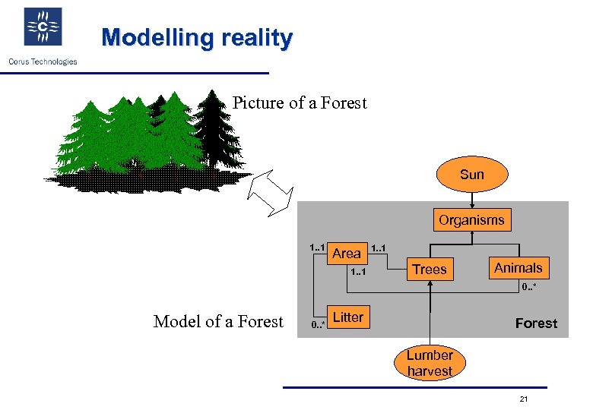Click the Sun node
click(471, 175)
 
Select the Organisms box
click(471, 220)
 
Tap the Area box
click(347, 254)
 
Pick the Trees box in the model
click(430, 270)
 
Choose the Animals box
click(518, 268)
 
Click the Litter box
click(348, 317)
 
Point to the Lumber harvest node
click(430, 363)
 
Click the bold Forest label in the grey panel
click(536, 323)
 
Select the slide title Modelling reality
click(196, 37)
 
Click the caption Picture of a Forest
click(300, 102)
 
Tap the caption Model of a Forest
click(218, 322)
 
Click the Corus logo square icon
click(43, 27)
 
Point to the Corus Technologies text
click(43, 61)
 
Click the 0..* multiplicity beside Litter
click(318, 325)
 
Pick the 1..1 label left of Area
click(317, 247)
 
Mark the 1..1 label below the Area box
click(360, 271)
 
